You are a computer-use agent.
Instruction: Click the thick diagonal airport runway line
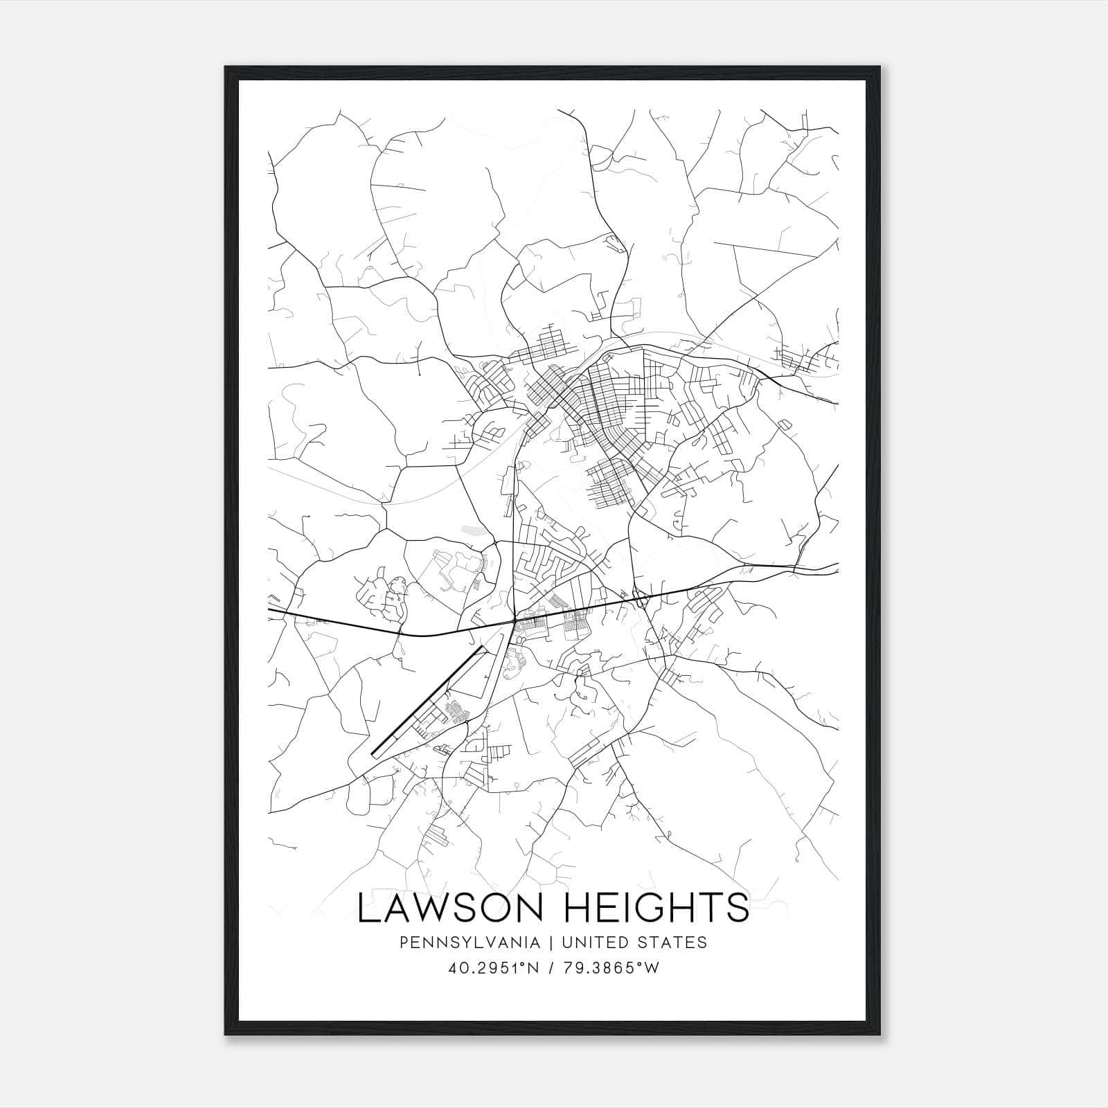(x=426, y=701)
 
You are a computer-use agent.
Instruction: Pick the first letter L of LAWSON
(x=368, y=908)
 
